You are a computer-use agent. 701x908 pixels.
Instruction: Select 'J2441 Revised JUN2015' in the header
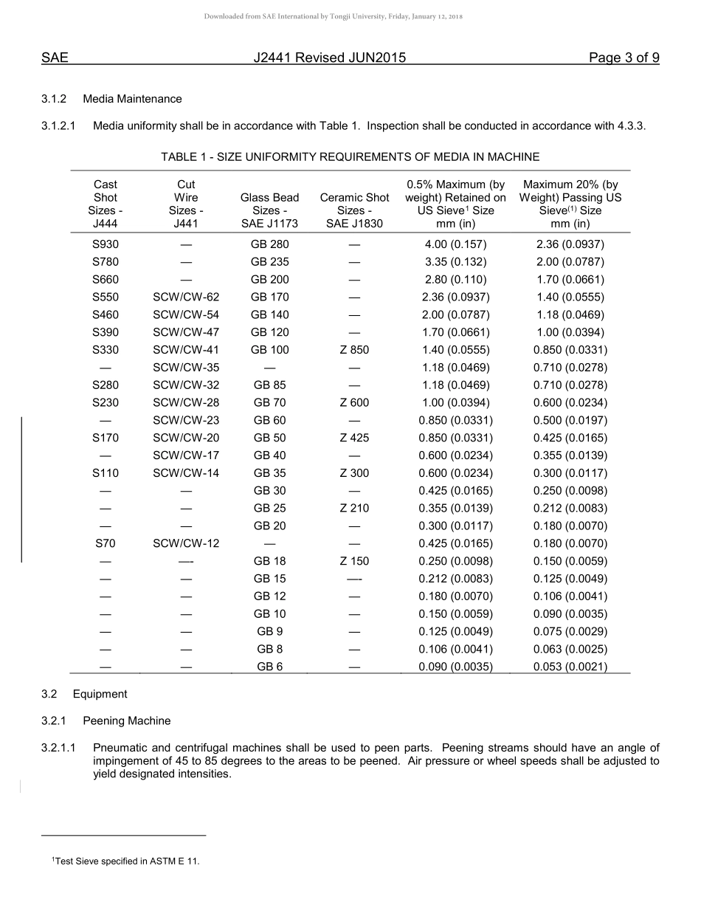tap(329, 58)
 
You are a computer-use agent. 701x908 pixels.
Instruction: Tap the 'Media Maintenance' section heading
tap(132, 99)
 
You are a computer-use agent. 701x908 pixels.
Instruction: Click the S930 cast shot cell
tap(106, 244)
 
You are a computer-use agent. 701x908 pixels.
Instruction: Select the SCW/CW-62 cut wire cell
tap(186, 297)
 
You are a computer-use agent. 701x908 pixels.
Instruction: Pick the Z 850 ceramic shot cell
tap(354, 350)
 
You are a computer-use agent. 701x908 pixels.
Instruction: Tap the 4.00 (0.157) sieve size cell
tap(455, 244)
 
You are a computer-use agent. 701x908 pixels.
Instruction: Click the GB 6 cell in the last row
tap(269, 667)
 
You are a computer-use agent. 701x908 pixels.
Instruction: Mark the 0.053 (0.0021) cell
tap(570, 667)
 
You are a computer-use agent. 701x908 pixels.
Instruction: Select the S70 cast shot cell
tap(106, 543)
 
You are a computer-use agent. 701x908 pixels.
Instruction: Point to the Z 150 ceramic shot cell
tap(354, 561)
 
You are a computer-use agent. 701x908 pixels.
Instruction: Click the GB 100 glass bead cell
tap(269, 350)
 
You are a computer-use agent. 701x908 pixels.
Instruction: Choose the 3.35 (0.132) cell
tap(455, 262)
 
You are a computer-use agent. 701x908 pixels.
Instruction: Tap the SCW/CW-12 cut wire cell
tap(186, 543)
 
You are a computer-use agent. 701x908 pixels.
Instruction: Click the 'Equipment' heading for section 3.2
tap(100, 694)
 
